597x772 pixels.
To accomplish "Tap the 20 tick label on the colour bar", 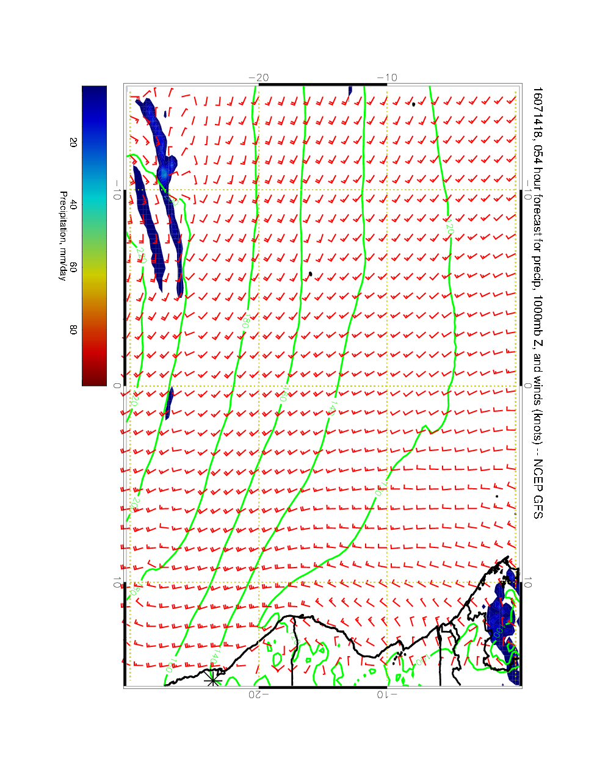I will point(73,142).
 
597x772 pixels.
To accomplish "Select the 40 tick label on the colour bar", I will point(73,206).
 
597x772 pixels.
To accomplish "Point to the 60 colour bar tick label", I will point(73,267).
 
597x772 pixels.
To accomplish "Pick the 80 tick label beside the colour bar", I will point(73,330).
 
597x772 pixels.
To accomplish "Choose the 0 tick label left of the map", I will point(117,386).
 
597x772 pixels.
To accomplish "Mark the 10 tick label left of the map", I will point(116,583).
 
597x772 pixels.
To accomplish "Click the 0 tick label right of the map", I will point(529,386).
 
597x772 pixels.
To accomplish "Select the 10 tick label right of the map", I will point(529,583).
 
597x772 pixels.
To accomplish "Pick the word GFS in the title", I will point(537,508).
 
